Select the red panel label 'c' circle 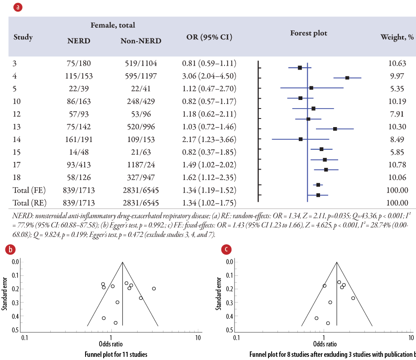pyautogui.click(x=226, y=250)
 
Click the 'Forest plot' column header pyautogui.click(x=308, y=33)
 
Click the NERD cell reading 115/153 pyautogui.click(x=79, y=76)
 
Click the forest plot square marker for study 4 pyautogui.click(x=347, y=78)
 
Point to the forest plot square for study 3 pyautogui.click(x=300, y=68)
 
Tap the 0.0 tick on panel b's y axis pyautogui.click(x=15, y=261)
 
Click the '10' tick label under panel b pyautogui.click(x=197, y=337)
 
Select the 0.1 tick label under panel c pyautogui.click(x=237, y=337)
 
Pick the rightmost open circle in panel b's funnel pyautogui.click(x=154, y=288)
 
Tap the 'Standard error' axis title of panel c pyautogui.click(x=219, y=294)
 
